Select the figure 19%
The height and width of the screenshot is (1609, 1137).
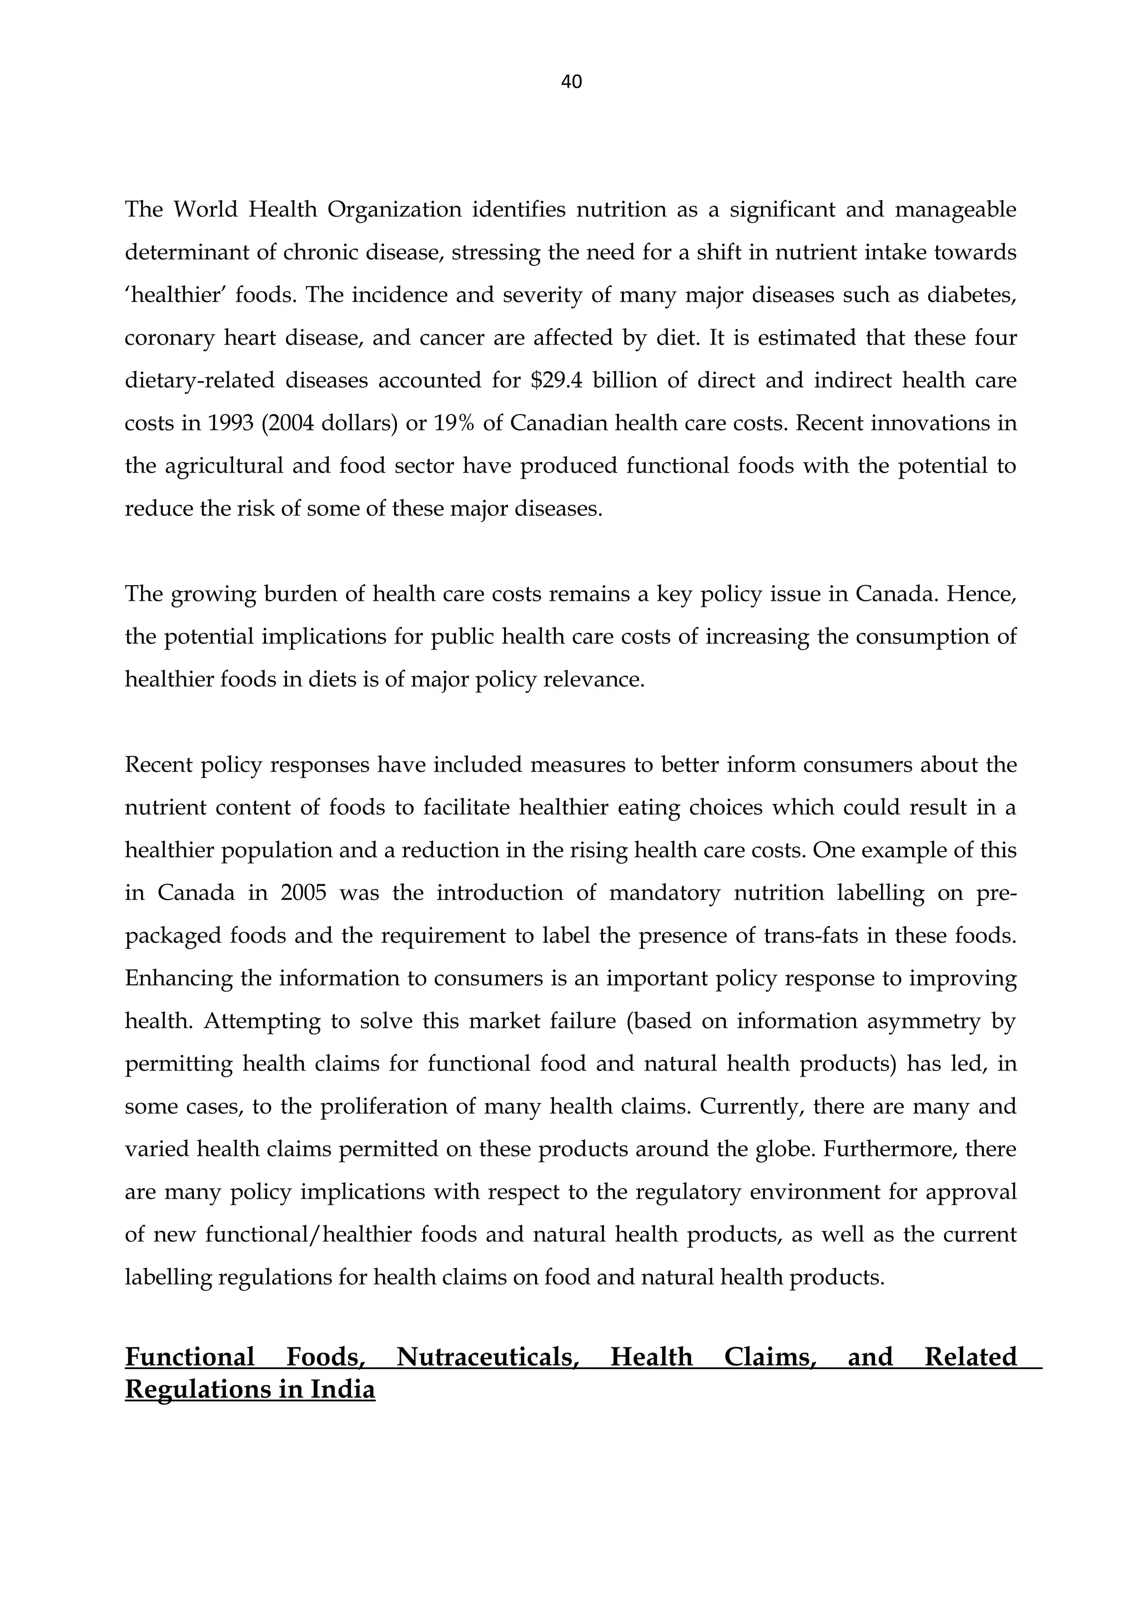(452, 423)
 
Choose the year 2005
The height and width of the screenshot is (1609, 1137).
(303, 893)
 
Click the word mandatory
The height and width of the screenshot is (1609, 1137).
(664, 893)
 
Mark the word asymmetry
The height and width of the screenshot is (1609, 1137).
(923, 1021)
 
